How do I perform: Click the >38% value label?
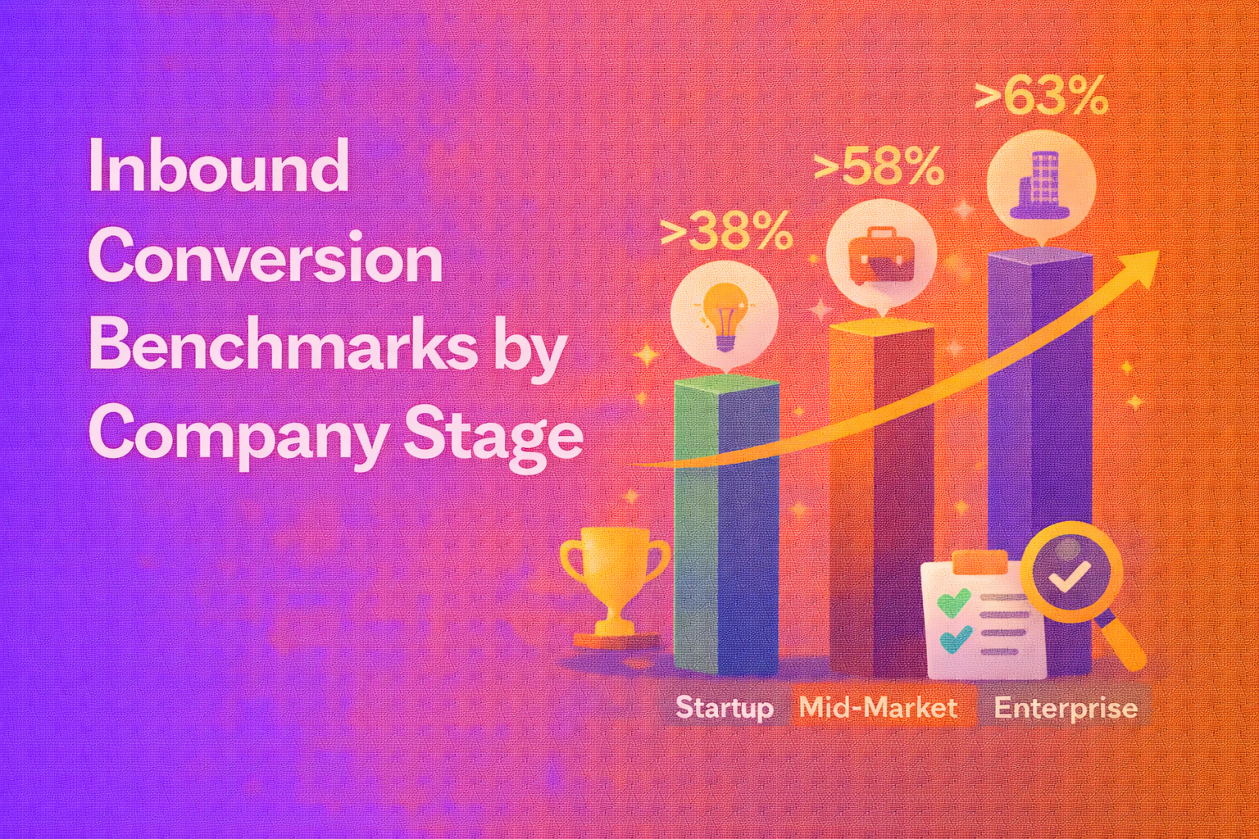[726, 231]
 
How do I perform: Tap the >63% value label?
[1041, 97]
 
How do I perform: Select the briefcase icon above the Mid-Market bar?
[881, 253]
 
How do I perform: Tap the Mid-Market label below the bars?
[878, 708]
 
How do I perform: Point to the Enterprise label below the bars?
[1066, 708]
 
